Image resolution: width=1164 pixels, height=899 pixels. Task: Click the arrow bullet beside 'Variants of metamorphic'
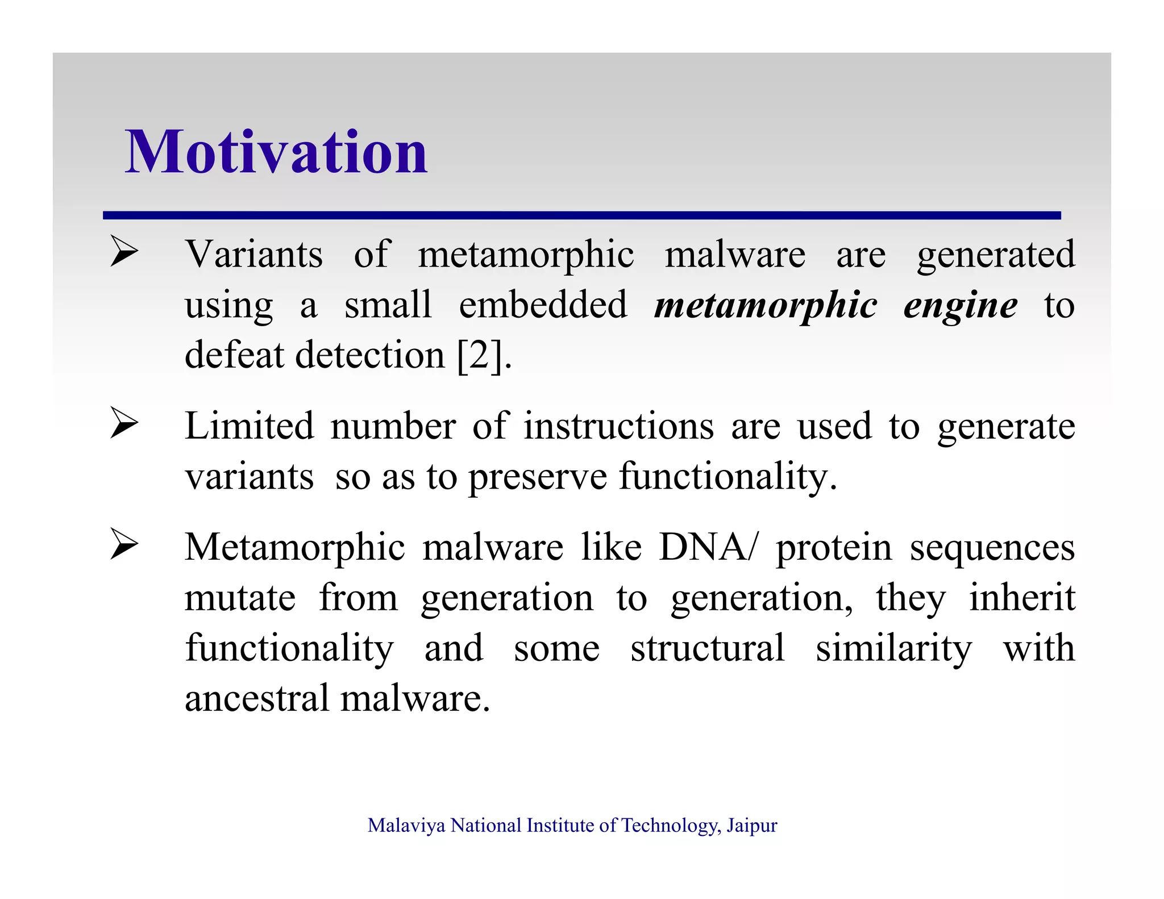[x=124, y=251]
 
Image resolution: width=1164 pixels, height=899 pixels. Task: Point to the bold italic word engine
[x=960, y=306]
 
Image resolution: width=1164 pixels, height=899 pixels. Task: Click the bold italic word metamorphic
[x=766, y=306]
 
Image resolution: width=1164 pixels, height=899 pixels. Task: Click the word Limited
[x=249, y=426]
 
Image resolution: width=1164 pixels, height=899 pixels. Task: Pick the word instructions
[x=618, y=426]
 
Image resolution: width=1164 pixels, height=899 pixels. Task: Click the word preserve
[x=538, y=477]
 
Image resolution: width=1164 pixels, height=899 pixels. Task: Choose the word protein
[x=834, y=548]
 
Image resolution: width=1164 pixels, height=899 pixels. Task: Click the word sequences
[x=992, y=548]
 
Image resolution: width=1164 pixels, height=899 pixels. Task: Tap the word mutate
[x=240, y=598]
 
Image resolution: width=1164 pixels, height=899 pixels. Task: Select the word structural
[x=707, y=648]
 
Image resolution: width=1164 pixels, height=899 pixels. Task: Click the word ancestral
[x=257, y=698]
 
